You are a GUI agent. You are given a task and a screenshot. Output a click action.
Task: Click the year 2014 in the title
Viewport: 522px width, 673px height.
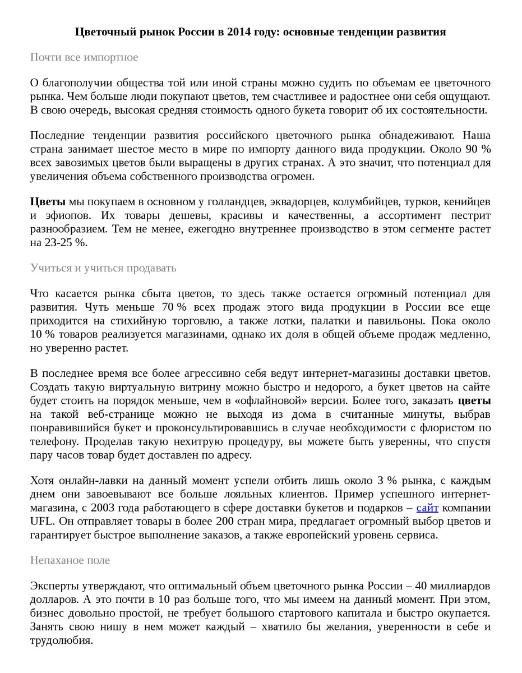pyautogui.click(x=239, y=32)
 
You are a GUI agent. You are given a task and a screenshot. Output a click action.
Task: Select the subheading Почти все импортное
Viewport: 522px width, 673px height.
pyautogui.click(x=84, y=57)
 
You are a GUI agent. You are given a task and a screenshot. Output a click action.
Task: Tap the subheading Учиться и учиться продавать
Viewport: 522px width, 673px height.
pyautogui.click(x=103, y=268)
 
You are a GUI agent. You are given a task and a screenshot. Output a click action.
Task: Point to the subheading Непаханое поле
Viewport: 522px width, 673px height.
pyautogui.click(x=70, y=560)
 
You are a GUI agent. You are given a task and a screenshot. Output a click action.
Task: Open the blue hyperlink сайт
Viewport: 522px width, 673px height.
pyautogui.click(x=427, y=508)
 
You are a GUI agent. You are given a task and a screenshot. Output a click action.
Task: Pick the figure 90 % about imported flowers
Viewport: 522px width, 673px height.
pyautogui.click(x=478, y=150)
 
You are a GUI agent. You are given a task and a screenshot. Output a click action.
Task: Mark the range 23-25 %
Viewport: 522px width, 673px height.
pyautogui.click(x=66, y=243)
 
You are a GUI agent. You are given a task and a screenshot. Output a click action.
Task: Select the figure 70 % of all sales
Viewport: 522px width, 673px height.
pyautogui.click(x=174, y=307)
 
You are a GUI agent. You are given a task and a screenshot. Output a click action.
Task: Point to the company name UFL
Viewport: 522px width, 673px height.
pyautogui.click(x=42, y=522)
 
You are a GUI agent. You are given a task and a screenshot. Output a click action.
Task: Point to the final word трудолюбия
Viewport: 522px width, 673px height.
pyautogui.click(x=61, y=640)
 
